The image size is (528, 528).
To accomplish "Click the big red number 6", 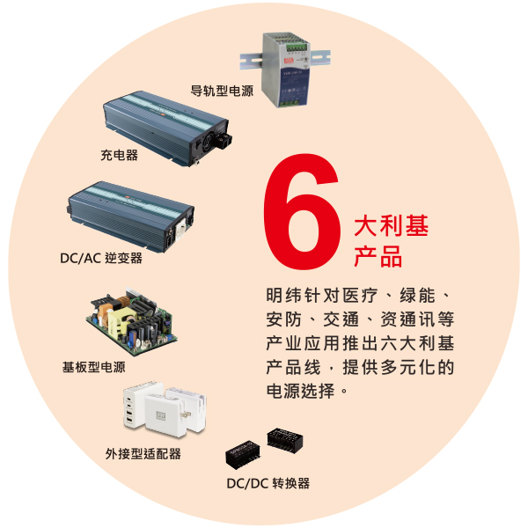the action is [301, 212].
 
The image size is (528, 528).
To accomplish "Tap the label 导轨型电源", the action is [222, 91].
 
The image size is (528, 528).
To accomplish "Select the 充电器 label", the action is [119, 155].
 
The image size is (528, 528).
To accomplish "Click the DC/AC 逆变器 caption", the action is [101, 258].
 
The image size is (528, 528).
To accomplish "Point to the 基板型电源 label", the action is [93, 367].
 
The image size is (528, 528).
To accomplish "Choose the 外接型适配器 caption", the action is [143, 454].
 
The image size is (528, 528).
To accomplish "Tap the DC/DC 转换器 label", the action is [268, 483].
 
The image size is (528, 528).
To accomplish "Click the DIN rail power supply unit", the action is [285, 70].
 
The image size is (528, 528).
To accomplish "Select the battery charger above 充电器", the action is [167, 128].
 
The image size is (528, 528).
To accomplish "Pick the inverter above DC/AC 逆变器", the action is [130, 216].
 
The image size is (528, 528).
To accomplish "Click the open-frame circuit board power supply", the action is [132, 321].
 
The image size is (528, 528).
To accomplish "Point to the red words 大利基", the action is [391, 225].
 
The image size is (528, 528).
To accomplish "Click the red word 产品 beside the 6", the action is [378, 256].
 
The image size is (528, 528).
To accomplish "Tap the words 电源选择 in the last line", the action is [300, 391].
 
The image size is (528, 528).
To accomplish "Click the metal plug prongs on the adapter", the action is [186, 414].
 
